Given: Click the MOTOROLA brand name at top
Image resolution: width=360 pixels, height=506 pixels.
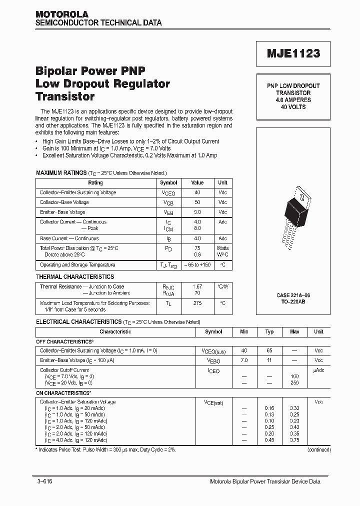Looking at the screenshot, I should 61,14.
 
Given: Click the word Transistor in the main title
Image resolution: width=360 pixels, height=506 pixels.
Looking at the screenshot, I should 65,96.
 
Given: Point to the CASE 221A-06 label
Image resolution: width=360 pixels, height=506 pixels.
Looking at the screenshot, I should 293,295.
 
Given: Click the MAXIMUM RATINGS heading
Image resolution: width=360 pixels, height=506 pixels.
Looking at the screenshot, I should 61,172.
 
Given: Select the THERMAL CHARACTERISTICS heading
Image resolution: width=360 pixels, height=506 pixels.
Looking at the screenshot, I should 75,276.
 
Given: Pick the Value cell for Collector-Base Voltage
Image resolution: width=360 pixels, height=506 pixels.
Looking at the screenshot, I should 197,202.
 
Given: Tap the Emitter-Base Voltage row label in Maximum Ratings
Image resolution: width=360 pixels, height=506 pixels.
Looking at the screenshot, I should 62,212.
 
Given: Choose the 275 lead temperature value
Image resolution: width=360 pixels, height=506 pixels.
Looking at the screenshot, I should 197,303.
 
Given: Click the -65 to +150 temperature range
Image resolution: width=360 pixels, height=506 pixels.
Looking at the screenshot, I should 197,265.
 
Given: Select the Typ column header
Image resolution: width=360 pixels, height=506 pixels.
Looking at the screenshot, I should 269,331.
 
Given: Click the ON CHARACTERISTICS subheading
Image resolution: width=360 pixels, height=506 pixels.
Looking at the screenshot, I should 63,393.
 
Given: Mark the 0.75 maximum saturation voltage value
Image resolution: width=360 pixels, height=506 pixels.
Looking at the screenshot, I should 294,440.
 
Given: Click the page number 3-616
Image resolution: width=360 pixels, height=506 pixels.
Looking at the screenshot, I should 44,481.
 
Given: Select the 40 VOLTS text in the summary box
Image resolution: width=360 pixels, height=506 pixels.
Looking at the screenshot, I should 293,107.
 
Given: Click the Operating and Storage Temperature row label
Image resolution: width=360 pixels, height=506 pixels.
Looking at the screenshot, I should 77,265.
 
